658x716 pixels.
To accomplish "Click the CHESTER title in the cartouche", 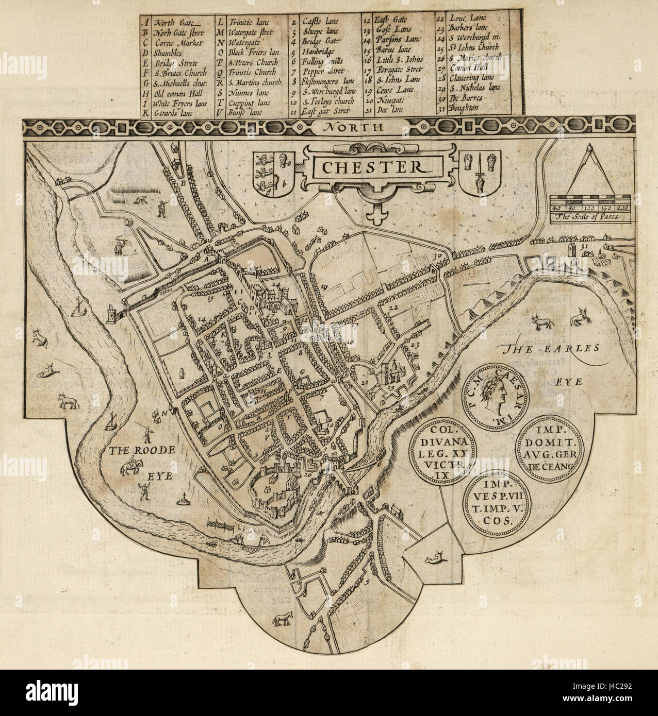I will pyautogui.click(x=370, y=167).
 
